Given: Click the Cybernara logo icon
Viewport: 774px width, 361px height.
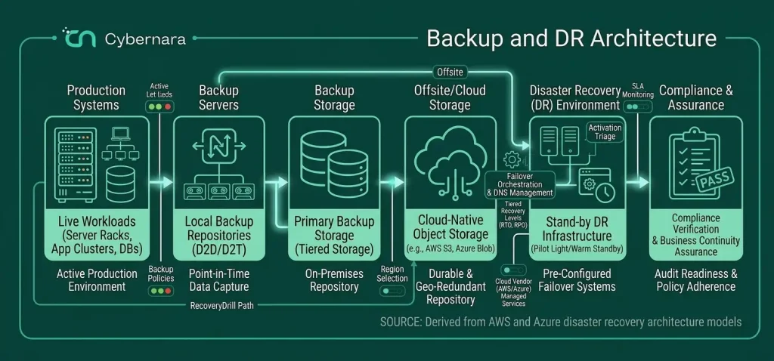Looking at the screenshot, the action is coord(78,38).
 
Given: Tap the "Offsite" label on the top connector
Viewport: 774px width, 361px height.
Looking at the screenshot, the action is coord(450,72).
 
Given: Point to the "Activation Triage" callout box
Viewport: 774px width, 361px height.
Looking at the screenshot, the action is coord(605,132).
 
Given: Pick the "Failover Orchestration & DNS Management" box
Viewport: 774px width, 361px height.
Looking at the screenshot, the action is coord(519,184).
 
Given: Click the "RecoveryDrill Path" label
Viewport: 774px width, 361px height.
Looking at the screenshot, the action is coord(221,306).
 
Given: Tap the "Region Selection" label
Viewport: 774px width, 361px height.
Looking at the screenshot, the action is coord(393,273).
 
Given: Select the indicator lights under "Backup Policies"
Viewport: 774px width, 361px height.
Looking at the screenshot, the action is coord(161,291).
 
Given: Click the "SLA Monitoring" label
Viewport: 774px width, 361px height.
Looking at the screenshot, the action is coord(638,91).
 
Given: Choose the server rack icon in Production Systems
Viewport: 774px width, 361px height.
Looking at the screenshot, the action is coord(76,164).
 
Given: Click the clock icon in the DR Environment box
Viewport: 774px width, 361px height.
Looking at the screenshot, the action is coord(605,193).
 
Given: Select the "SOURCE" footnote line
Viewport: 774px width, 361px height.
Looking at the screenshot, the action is coord(561,322).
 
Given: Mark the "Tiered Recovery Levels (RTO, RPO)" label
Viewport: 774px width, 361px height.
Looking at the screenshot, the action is coord(515,214).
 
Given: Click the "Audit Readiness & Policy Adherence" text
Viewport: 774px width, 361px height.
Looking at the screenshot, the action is coord(696,280).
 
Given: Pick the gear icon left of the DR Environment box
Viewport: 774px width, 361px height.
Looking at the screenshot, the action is coord(511,159).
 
